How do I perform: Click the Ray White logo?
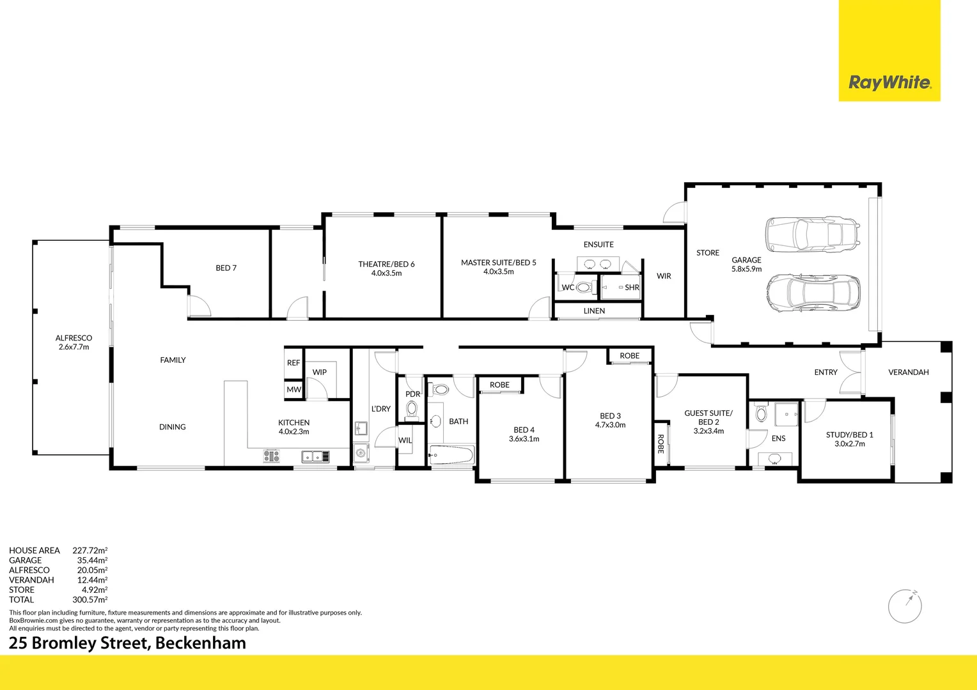(889, 82)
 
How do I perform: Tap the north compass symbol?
(905, 605)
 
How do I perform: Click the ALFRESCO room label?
(74, 342)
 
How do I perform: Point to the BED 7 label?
(226, 268)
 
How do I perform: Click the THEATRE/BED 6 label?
(386, 268)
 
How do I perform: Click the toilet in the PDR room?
(412, 408)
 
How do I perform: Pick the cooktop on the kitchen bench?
(271, 456)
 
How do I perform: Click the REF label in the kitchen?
(293, 363)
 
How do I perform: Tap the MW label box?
(293, 390)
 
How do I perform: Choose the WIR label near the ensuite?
(664, 276)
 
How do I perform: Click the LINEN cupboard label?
(594, 311)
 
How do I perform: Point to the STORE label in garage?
(708, 253)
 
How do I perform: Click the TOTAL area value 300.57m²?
(90, 600)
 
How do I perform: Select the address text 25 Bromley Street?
(127, 643)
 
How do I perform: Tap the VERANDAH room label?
(908, 372)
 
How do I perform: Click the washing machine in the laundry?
(361, 453)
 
